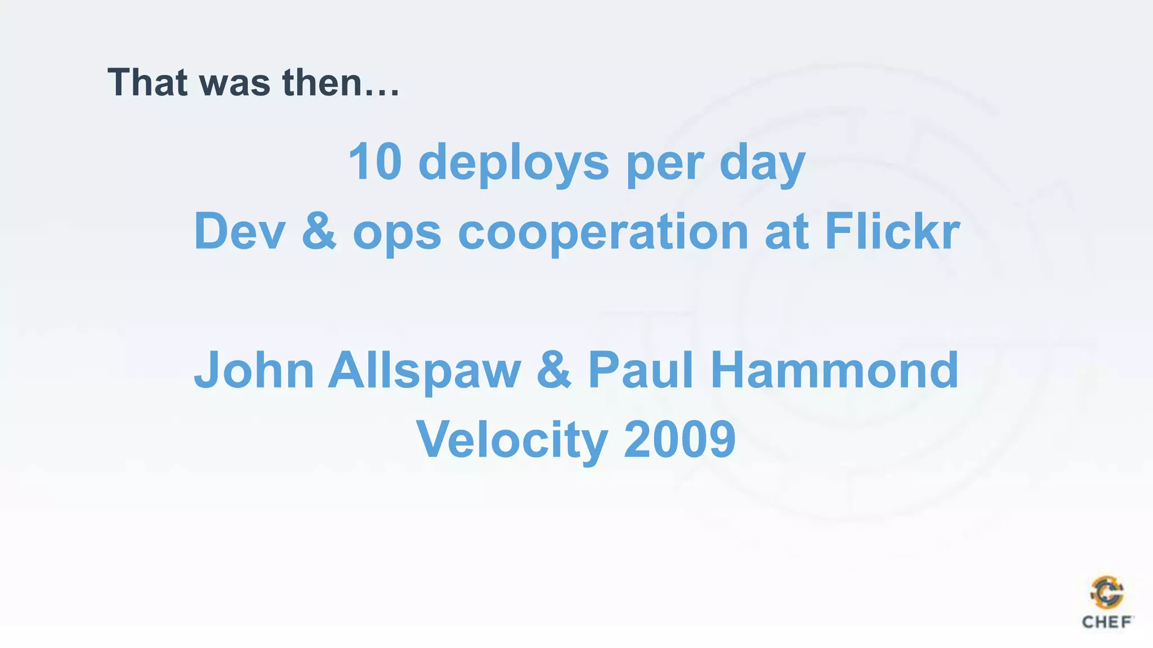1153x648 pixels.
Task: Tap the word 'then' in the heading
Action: tap(321, 83)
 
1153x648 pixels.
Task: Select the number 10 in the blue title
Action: tap(375, 162)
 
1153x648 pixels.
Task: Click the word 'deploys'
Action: tap(513, 163)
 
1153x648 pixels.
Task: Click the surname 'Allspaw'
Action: tap(424, 371)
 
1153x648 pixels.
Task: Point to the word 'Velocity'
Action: tap(512, 440)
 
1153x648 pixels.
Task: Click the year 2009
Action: tap(680, 439)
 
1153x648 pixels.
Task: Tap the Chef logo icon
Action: tap(1107, 592)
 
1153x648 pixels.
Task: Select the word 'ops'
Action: tap(397, 233)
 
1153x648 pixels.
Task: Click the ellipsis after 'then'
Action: tap(382, 93)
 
